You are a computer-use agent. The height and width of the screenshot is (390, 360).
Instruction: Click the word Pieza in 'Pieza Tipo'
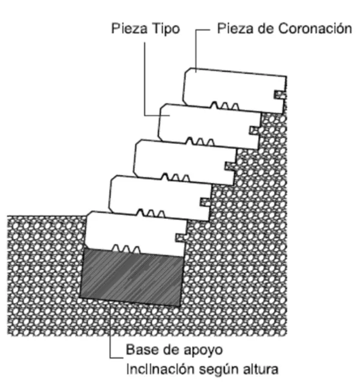pos(130,28)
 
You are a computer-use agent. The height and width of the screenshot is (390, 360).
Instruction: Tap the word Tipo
pos(166,29)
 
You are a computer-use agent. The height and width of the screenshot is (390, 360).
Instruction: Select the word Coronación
pos(315,28)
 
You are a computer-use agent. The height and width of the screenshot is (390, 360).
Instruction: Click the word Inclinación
pos(160,369)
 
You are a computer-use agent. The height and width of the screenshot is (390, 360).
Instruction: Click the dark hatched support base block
pos(132,277)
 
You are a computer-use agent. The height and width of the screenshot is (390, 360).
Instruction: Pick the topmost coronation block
pos(235,90)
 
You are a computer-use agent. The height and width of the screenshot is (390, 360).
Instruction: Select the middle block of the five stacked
pos(185,162)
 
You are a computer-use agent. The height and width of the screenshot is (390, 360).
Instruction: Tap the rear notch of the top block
pos(280,95)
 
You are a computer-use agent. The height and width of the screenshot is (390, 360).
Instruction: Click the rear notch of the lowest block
pos(181,238)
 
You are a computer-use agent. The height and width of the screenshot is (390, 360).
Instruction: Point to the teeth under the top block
pos(225,106)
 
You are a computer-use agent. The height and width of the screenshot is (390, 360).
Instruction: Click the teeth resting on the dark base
pos(126,249)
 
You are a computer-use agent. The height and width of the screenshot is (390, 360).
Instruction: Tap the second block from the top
pos(210,127)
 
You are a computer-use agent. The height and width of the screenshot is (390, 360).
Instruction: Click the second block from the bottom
pos(160,198)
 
